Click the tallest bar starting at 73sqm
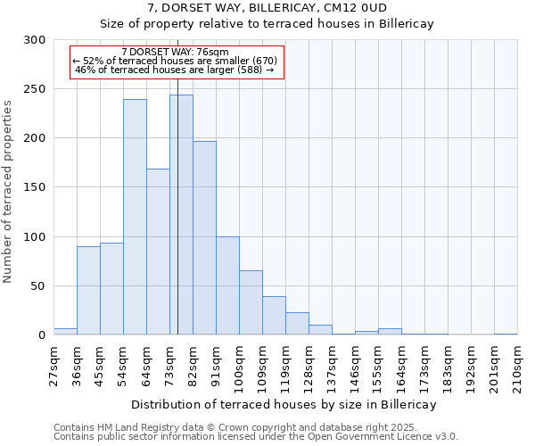tap(181, 214)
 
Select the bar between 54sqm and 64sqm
tap(135, 217)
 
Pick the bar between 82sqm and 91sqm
tap(204, 237)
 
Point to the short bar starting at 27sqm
tap(65, 332)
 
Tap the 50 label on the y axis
tap(38, 286)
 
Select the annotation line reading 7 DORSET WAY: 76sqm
tap(175, 52)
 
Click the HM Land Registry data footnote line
tap(235, 428)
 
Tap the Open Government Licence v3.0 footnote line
tap(256, 437)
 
